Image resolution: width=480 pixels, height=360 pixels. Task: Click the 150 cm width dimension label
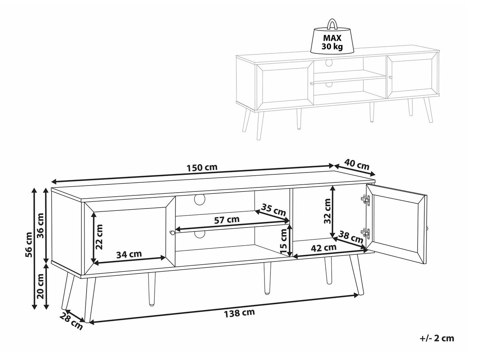202,167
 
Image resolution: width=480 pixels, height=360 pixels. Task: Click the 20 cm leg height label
40,286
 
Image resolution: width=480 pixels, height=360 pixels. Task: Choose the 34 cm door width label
129,254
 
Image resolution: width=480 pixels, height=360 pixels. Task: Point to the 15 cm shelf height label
283,241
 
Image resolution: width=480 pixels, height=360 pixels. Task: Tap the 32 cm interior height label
327,211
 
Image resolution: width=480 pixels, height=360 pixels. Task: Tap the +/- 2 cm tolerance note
437,338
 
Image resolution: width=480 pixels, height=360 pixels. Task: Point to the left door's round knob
172,233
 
